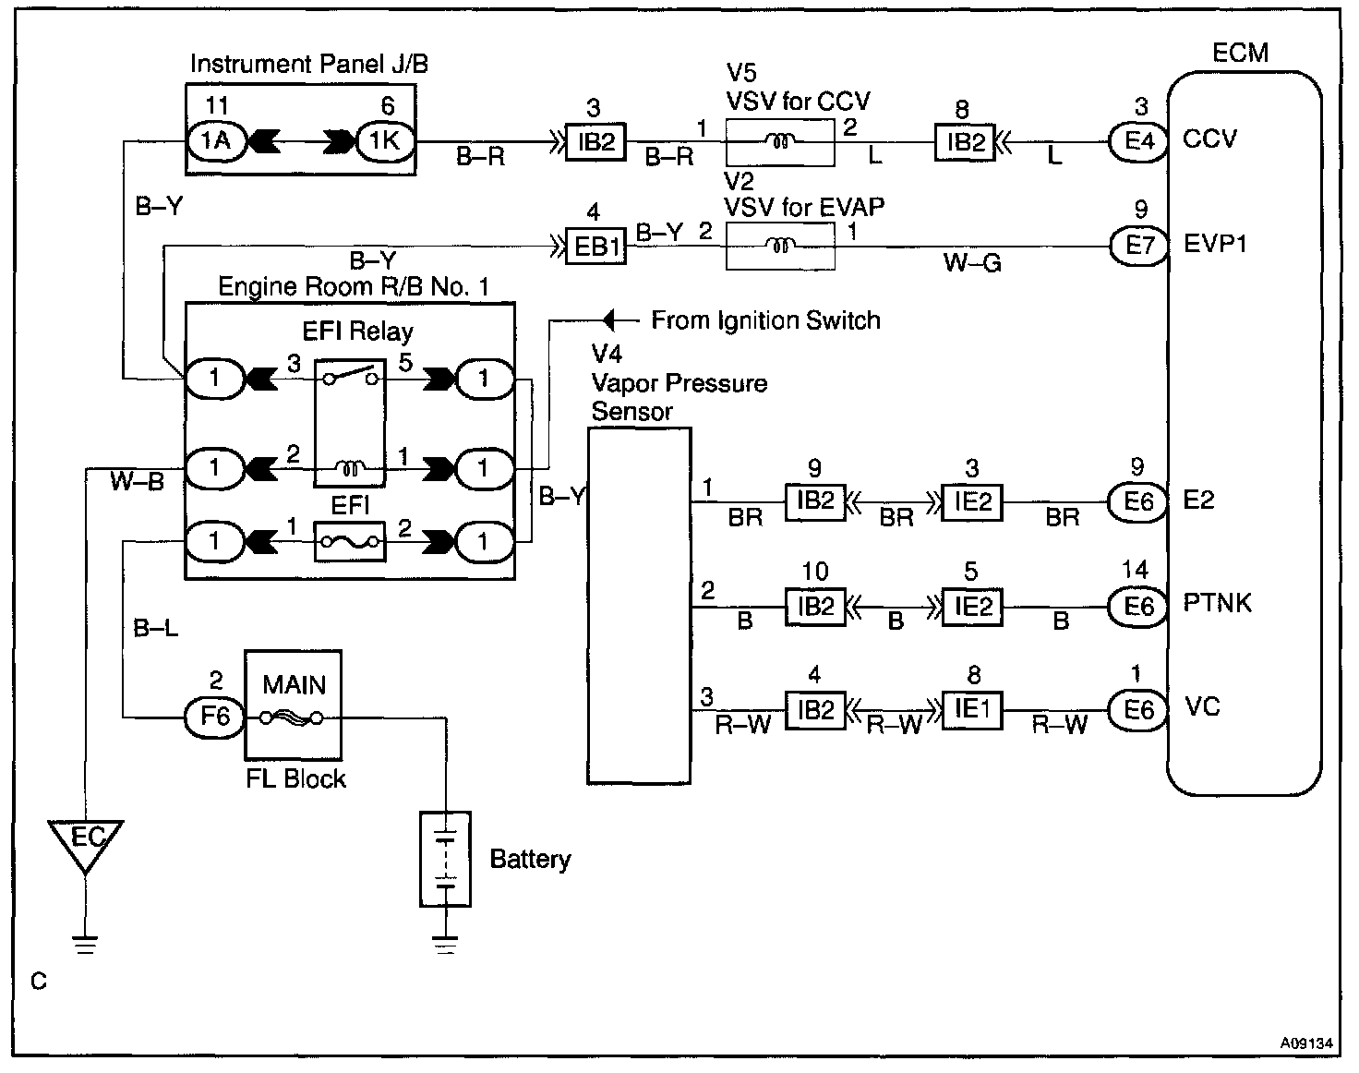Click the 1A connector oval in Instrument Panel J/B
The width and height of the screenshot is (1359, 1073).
tap(215, 141)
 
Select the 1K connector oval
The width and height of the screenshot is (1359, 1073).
tap(385, 141)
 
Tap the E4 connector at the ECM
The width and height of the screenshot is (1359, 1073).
tap(1138, 141)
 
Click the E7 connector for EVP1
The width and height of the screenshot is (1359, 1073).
tap(1138, 246)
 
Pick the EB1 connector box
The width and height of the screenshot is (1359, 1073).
tap(595, 247)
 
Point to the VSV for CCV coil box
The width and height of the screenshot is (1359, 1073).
tap(780, 143)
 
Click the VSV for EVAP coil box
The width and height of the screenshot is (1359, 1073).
tap(780, 247)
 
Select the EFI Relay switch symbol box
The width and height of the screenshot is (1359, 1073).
tap(350, 423)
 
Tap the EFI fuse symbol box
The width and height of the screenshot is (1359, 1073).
tap(350, 542)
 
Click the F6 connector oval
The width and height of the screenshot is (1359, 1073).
tap(215, 717)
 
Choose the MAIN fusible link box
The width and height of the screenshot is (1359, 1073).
tap(293, 705)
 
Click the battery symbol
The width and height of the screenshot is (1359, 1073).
tap(445, 860)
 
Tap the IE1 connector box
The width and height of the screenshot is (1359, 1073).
tap(972, 710)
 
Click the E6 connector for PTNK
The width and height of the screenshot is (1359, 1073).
tap(1138, 607)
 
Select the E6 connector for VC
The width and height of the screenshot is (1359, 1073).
tap(1138, 710)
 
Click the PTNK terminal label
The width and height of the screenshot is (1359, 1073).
tap(1217, 603)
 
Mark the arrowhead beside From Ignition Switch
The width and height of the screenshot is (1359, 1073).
tap(608, 320)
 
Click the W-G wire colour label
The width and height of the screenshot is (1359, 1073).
tap(972, 263)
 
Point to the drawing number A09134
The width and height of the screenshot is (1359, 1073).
tap(1306, 1043)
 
